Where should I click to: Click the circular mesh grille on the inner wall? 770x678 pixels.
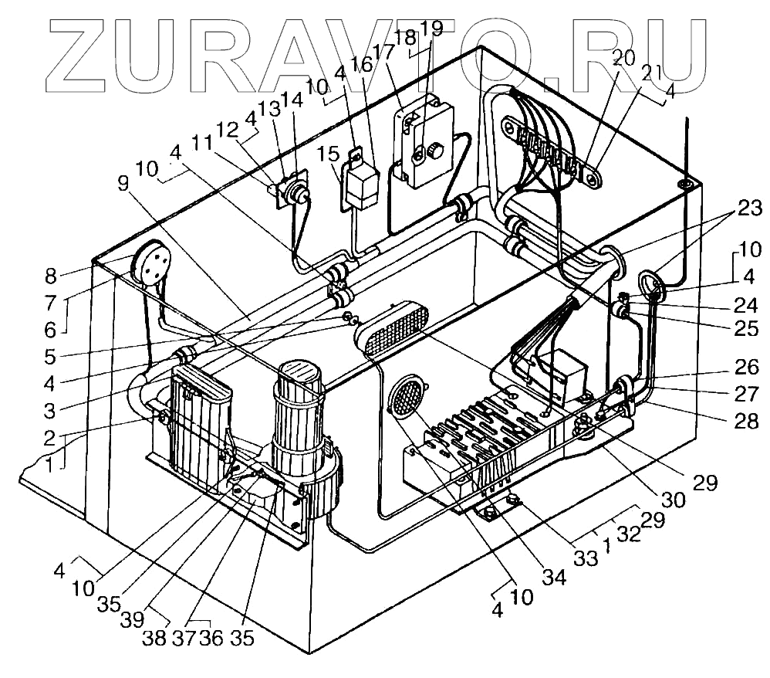pos(405,398)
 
